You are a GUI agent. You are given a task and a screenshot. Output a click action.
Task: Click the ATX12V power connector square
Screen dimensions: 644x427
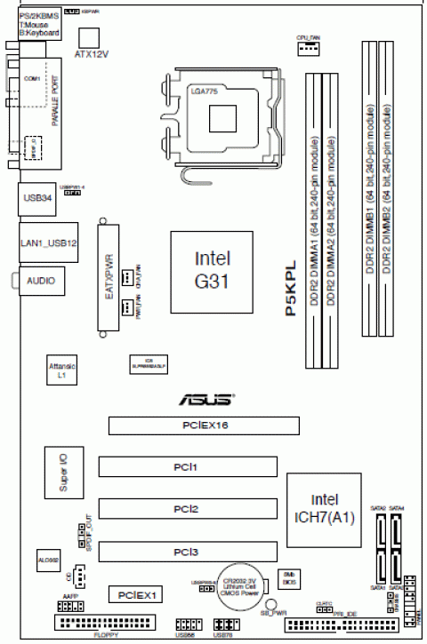[90, 36]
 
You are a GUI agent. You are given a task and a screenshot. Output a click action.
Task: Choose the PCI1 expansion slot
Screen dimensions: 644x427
[185, 465]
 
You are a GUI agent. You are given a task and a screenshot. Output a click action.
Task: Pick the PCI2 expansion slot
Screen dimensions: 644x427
[185, 509]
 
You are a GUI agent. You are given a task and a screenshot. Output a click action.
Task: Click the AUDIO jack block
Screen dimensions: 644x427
[40, 281]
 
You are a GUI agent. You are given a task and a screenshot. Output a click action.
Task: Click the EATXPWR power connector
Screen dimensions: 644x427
[107, 282]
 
